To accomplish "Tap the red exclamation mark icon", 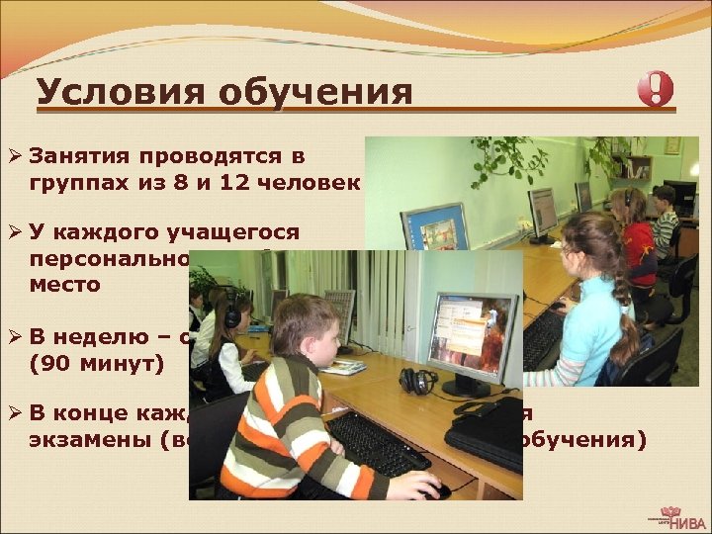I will pyautogui.click(x=655, y=90).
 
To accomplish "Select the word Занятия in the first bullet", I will pyautogui.click(x=80, y=155).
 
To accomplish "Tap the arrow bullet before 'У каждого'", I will pyautogui.click(x=14, y=234).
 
